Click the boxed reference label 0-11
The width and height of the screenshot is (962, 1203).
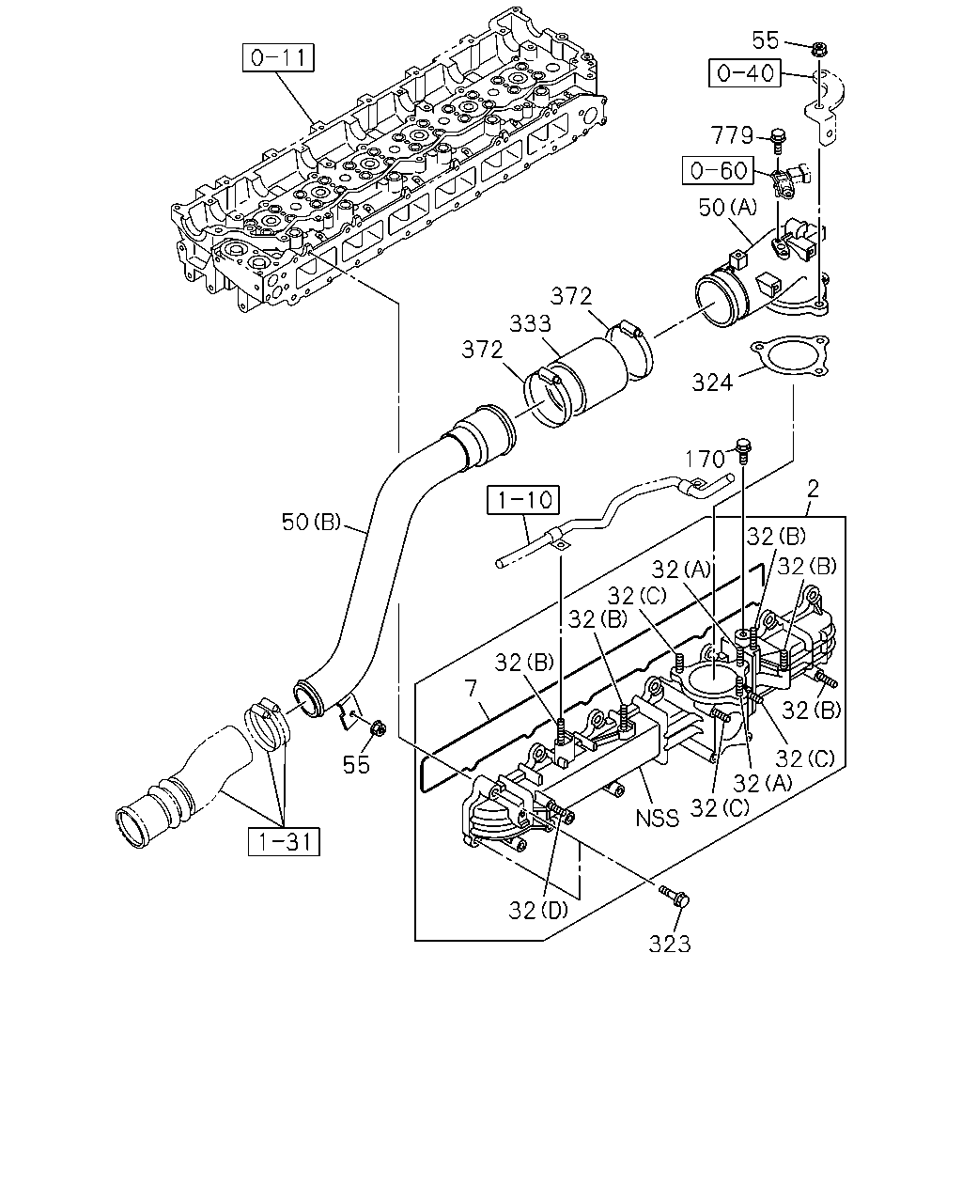coord(278,57)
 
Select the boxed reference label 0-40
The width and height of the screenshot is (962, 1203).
coord(745,73)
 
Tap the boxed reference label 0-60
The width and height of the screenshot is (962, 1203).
coord(719,170)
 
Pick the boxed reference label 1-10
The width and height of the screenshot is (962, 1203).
coord(523,499)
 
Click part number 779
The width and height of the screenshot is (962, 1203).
coord(732,135)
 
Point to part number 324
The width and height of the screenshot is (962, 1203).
coord(712,383)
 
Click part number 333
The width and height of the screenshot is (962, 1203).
coord(531,323)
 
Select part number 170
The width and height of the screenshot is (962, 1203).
coord(705,459)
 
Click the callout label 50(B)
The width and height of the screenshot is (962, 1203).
coord(311,523)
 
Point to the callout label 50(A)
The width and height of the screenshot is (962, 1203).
coord(728,208)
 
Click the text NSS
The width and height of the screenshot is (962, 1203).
coord(658,819)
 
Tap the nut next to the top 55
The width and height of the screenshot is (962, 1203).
coord(819,49)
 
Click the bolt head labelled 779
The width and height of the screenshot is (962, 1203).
coord(778,136)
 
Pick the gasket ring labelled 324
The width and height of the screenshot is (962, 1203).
coord(789,355)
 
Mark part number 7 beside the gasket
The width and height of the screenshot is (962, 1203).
coord(473,688)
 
